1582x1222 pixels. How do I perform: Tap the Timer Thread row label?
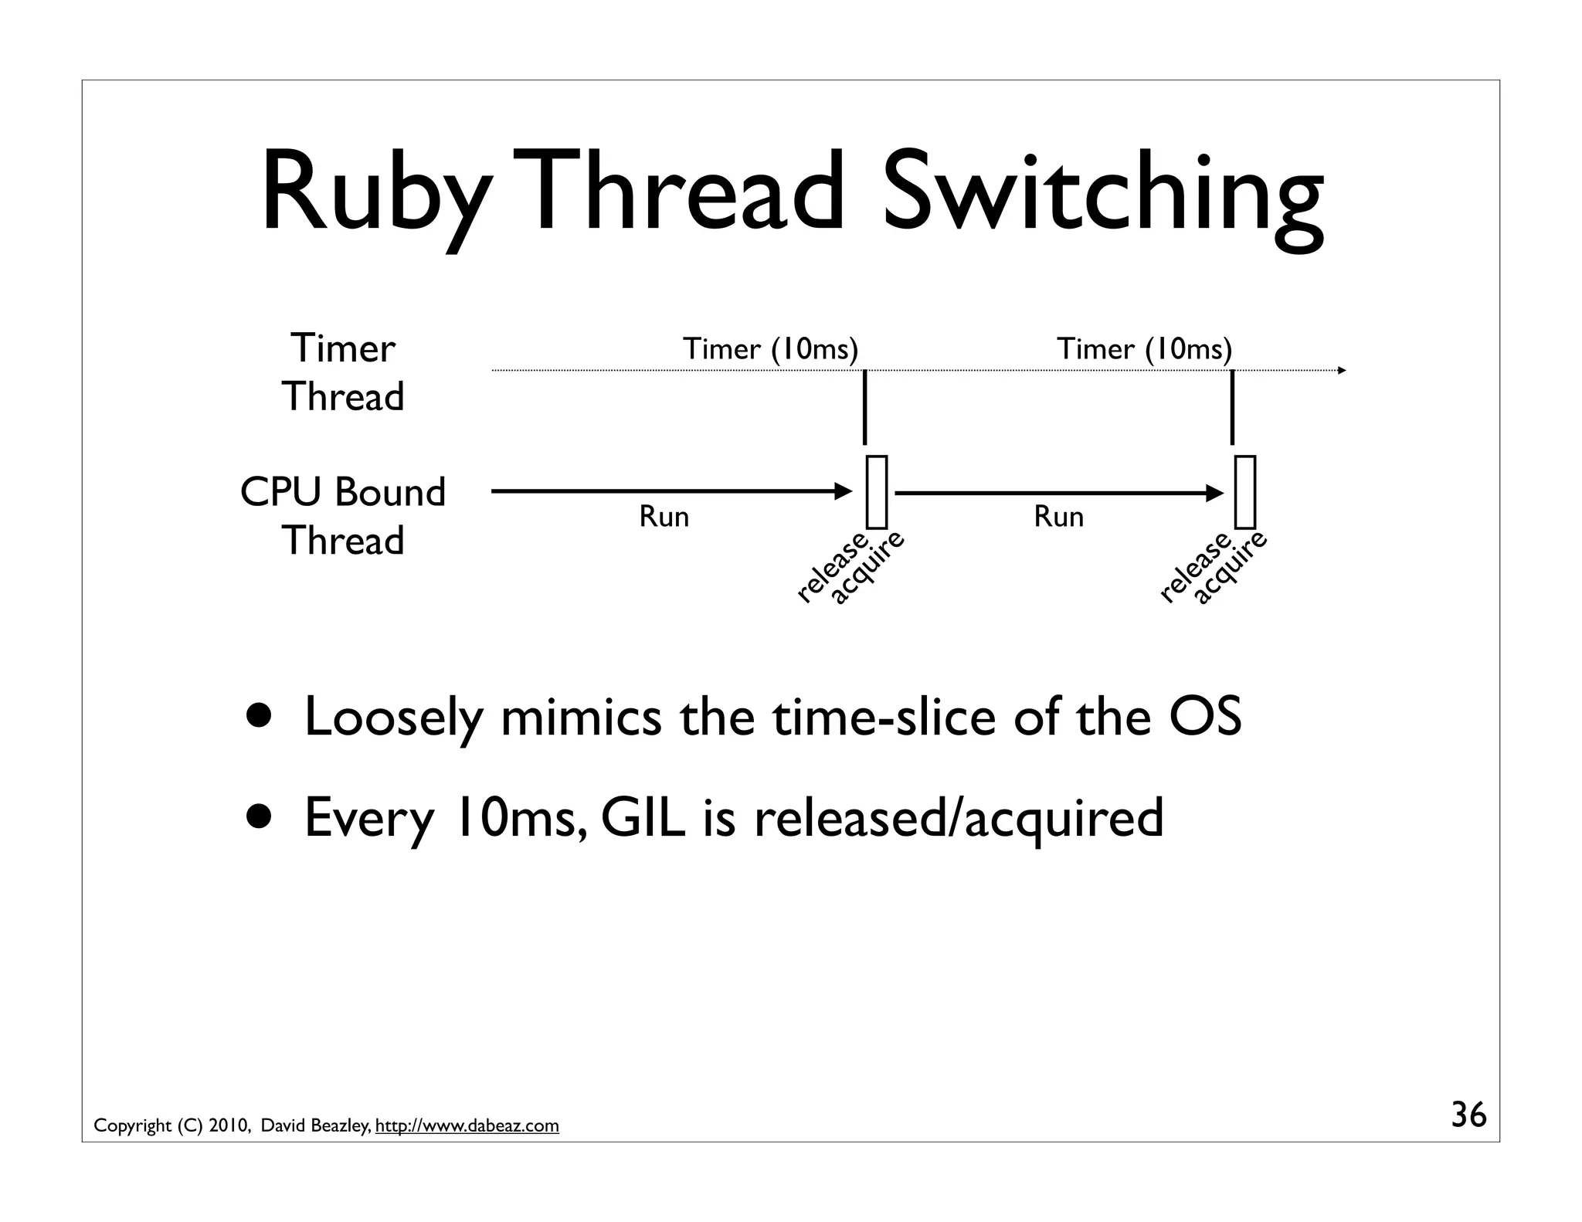pos(343,372)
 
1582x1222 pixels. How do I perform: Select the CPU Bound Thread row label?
pos(343,516)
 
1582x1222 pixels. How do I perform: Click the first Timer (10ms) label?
pos(770,349)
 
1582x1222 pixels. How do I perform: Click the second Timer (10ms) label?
pos(1144,349)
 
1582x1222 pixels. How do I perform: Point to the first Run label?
pos(664,516)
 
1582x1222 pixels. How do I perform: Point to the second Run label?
pos(1058,516)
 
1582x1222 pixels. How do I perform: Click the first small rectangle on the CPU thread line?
pos(876,492)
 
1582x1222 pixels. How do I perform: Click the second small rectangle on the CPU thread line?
pos(1244,492)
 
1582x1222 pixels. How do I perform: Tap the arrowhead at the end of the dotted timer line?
pos(1342,371)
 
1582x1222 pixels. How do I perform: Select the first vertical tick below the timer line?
pos(864,408)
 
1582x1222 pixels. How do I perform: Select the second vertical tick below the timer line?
pos(1232,408)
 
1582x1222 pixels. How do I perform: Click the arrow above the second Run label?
pos(1058,493)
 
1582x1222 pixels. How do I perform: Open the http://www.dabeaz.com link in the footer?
pos(467,1125)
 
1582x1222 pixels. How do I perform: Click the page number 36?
pos(1468,1115)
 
